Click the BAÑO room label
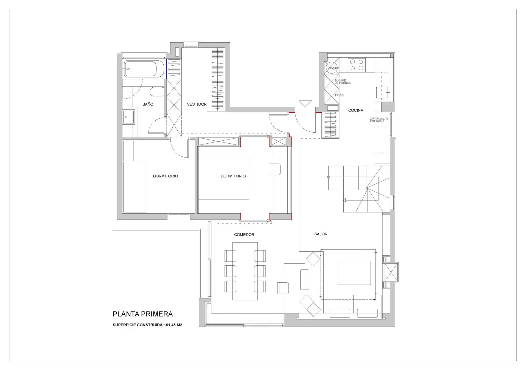tap(148, 104)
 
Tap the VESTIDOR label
tap(197, 104)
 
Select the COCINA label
tap(355, 110)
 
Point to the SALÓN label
tap(321, 234)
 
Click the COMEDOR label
tap(244, 235)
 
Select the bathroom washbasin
tap(128, 117)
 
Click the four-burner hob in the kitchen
tap(357, 65)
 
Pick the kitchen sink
tap(382, 93)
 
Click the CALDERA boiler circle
tap(331, 68)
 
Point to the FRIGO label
tap(339, 95)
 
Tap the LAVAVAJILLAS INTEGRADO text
tap(379, 120)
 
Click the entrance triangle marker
tap(305, 104)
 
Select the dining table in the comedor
tap(245, 271)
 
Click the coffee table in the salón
tap(354, 273)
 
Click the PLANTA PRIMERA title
tap(143, 314)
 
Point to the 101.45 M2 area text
tap(173, 325)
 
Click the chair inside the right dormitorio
tap(275, 169)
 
